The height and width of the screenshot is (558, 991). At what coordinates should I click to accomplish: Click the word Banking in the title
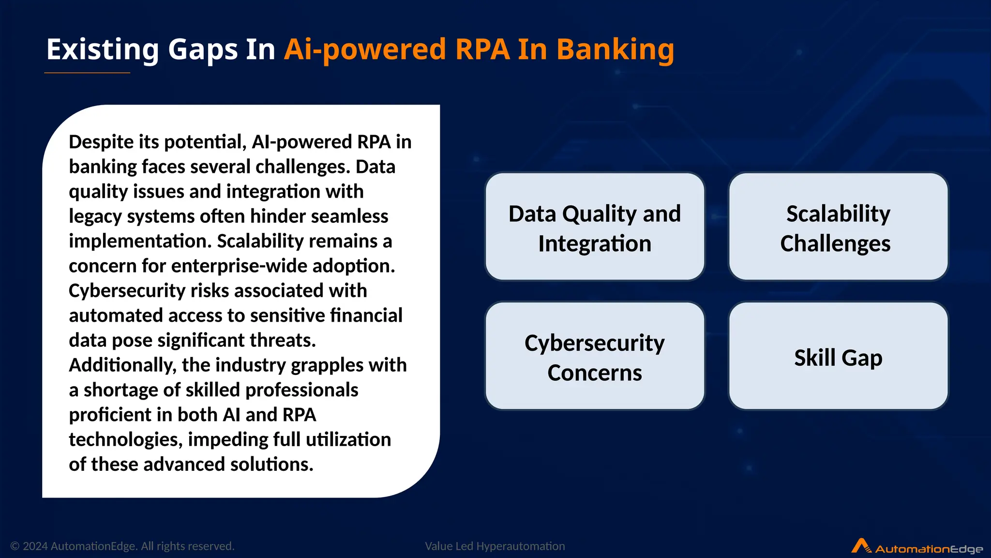615,49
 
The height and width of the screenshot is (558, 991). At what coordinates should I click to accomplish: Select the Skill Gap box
838,356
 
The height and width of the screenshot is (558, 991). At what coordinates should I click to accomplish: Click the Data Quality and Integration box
595,227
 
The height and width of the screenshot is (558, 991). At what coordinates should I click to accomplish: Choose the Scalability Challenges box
838,227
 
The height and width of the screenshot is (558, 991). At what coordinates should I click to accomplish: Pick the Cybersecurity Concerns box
595,356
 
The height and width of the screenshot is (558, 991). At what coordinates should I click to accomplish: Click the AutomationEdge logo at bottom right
917,547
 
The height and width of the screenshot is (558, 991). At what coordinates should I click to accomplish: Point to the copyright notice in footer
122,546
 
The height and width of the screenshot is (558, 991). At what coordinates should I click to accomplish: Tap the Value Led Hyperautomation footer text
495,546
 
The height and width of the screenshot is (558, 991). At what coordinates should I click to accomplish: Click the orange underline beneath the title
87,73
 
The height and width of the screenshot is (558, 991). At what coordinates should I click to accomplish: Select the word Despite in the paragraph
101,142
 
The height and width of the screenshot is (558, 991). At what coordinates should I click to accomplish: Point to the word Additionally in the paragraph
122,365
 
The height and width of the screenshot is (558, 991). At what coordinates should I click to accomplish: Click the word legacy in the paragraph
95,217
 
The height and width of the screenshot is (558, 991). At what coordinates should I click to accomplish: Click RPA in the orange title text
482,49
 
